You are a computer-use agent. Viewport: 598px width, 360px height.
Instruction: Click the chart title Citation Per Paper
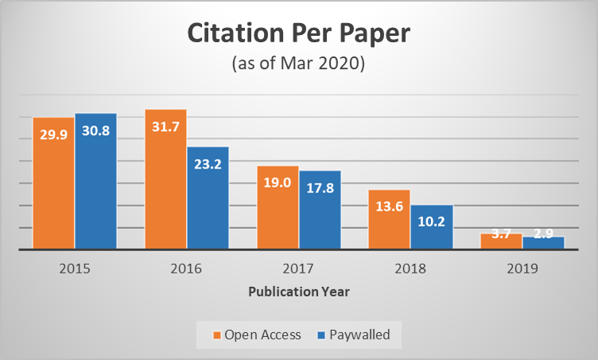click(298, 34)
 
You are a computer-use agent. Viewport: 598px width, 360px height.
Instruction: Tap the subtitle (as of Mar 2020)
click(298, 64)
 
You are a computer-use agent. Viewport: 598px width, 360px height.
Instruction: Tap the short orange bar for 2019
click(501, 241)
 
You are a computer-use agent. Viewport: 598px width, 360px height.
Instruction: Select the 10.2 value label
click(432, 221)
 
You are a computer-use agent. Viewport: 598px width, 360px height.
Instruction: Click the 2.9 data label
click(544, 235)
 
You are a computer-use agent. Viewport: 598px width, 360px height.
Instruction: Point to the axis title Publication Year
click(299, 292)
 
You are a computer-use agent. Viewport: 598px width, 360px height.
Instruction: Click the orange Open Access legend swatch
click(216, 335)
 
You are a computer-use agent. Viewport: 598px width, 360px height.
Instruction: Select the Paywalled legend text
click(360, 335)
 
